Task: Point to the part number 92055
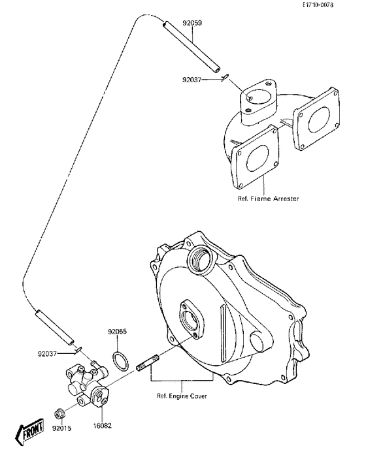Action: [x=118, y=332]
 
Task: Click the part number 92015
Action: [x=62, y=428]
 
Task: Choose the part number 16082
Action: [x=101, y=424]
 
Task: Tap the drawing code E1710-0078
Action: [x=336, y=5]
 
